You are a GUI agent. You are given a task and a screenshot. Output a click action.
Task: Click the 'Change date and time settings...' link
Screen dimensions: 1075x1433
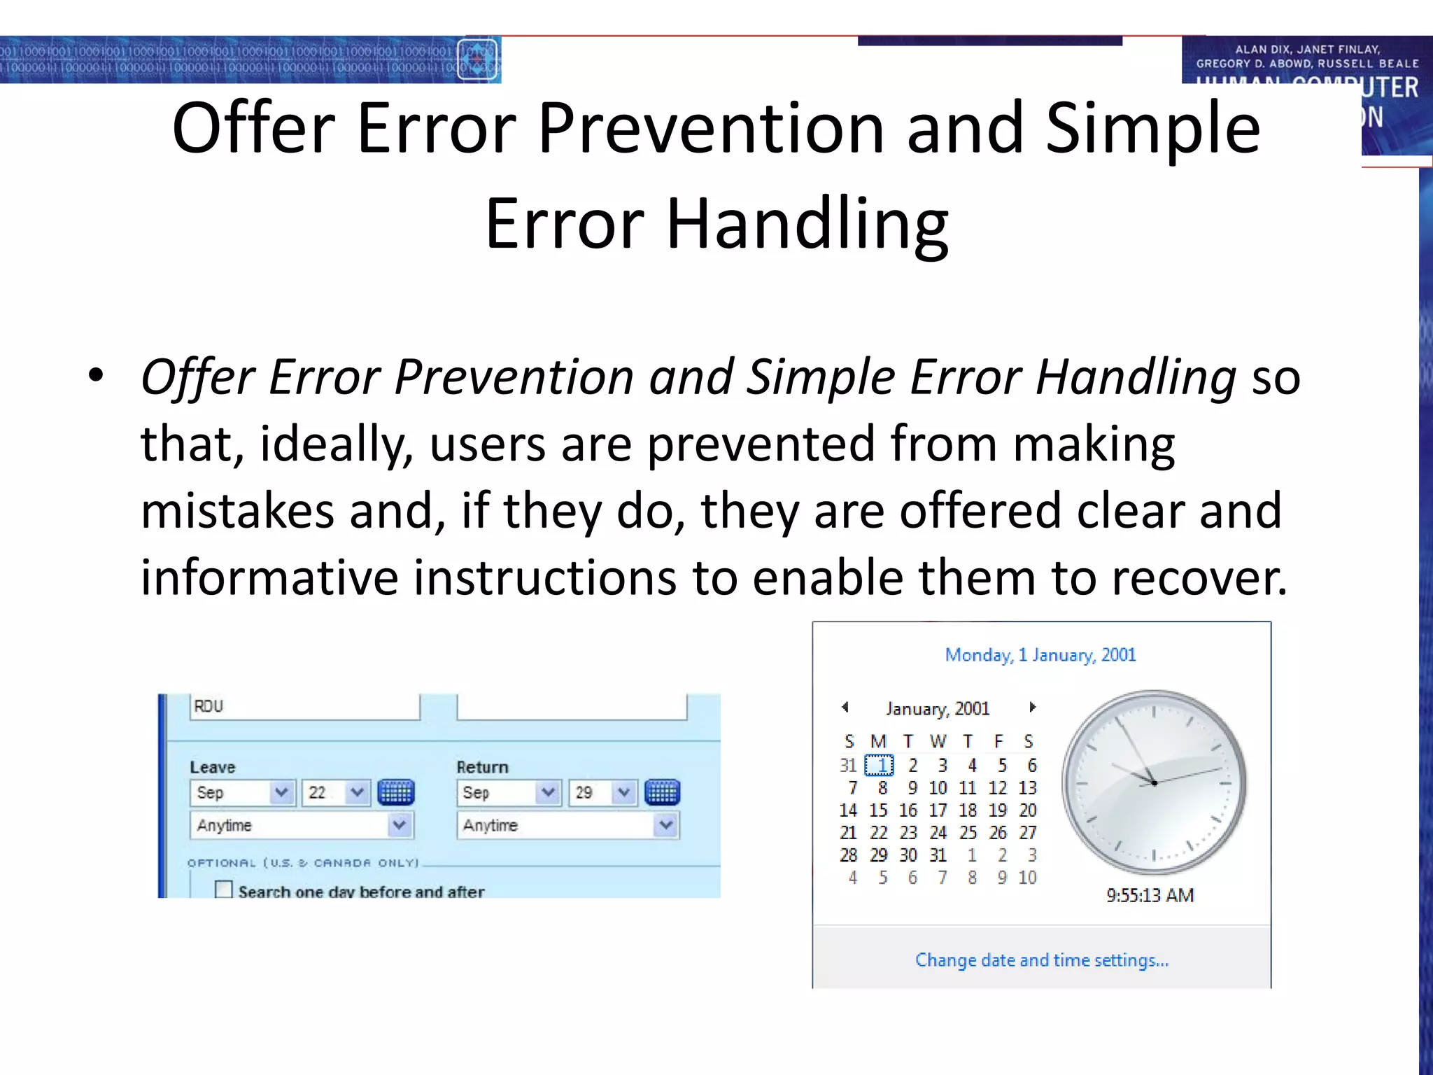[1041, 960]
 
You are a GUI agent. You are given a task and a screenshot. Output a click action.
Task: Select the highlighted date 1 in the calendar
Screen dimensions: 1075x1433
[879, 766]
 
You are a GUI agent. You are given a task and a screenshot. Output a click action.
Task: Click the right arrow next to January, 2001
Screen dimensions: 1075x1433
[1032, 708]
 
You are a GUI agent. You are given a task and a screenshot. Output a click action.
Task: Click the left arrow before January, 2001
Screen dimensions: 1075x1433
[845, 708]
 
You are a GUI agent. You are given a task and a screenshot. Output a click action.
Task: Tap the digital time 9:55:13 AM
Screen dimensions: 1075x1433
[1150, 895]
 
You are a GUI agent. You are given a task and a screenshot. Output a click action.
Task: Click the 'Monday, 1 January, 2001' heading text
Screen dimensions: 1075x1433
[1040, 655]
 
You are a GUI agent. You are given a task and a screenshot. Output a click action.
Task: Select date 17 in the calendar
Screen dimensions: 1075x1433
[938, 810]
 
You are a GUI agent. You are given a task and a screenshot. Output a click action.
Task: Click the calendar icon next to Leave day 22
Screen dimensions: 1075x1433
[396, 792]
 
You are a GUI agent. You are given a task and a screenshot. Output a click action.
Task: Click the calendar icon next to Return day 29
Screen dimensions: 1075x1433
[662, 792]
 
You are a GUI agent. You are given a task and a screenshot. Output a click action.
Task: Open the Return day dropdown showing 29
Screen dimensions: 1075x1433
[623, 792]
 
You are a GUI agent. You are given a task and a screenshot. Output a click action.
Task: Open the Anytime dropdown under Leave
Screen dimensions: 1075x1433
[399, 825]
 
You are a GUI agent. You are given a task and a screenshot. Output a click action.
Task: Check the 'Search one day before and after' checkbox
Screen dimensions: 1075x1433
[224, 890]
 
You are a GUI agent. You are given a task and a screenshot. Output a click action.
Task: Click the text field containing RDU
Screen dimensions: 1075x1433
[304, 707]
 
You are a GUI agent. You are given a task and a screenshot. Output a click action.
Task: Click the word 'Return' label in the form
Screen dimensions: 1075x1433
[482, 767]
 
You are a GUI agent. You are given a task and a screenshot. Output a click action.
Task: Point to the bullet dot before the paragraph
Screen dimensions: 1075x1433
[96, 376]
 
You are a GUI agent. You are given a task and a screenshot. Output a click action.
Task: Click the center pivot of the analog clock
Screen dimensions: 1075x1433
[1154, 782]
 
